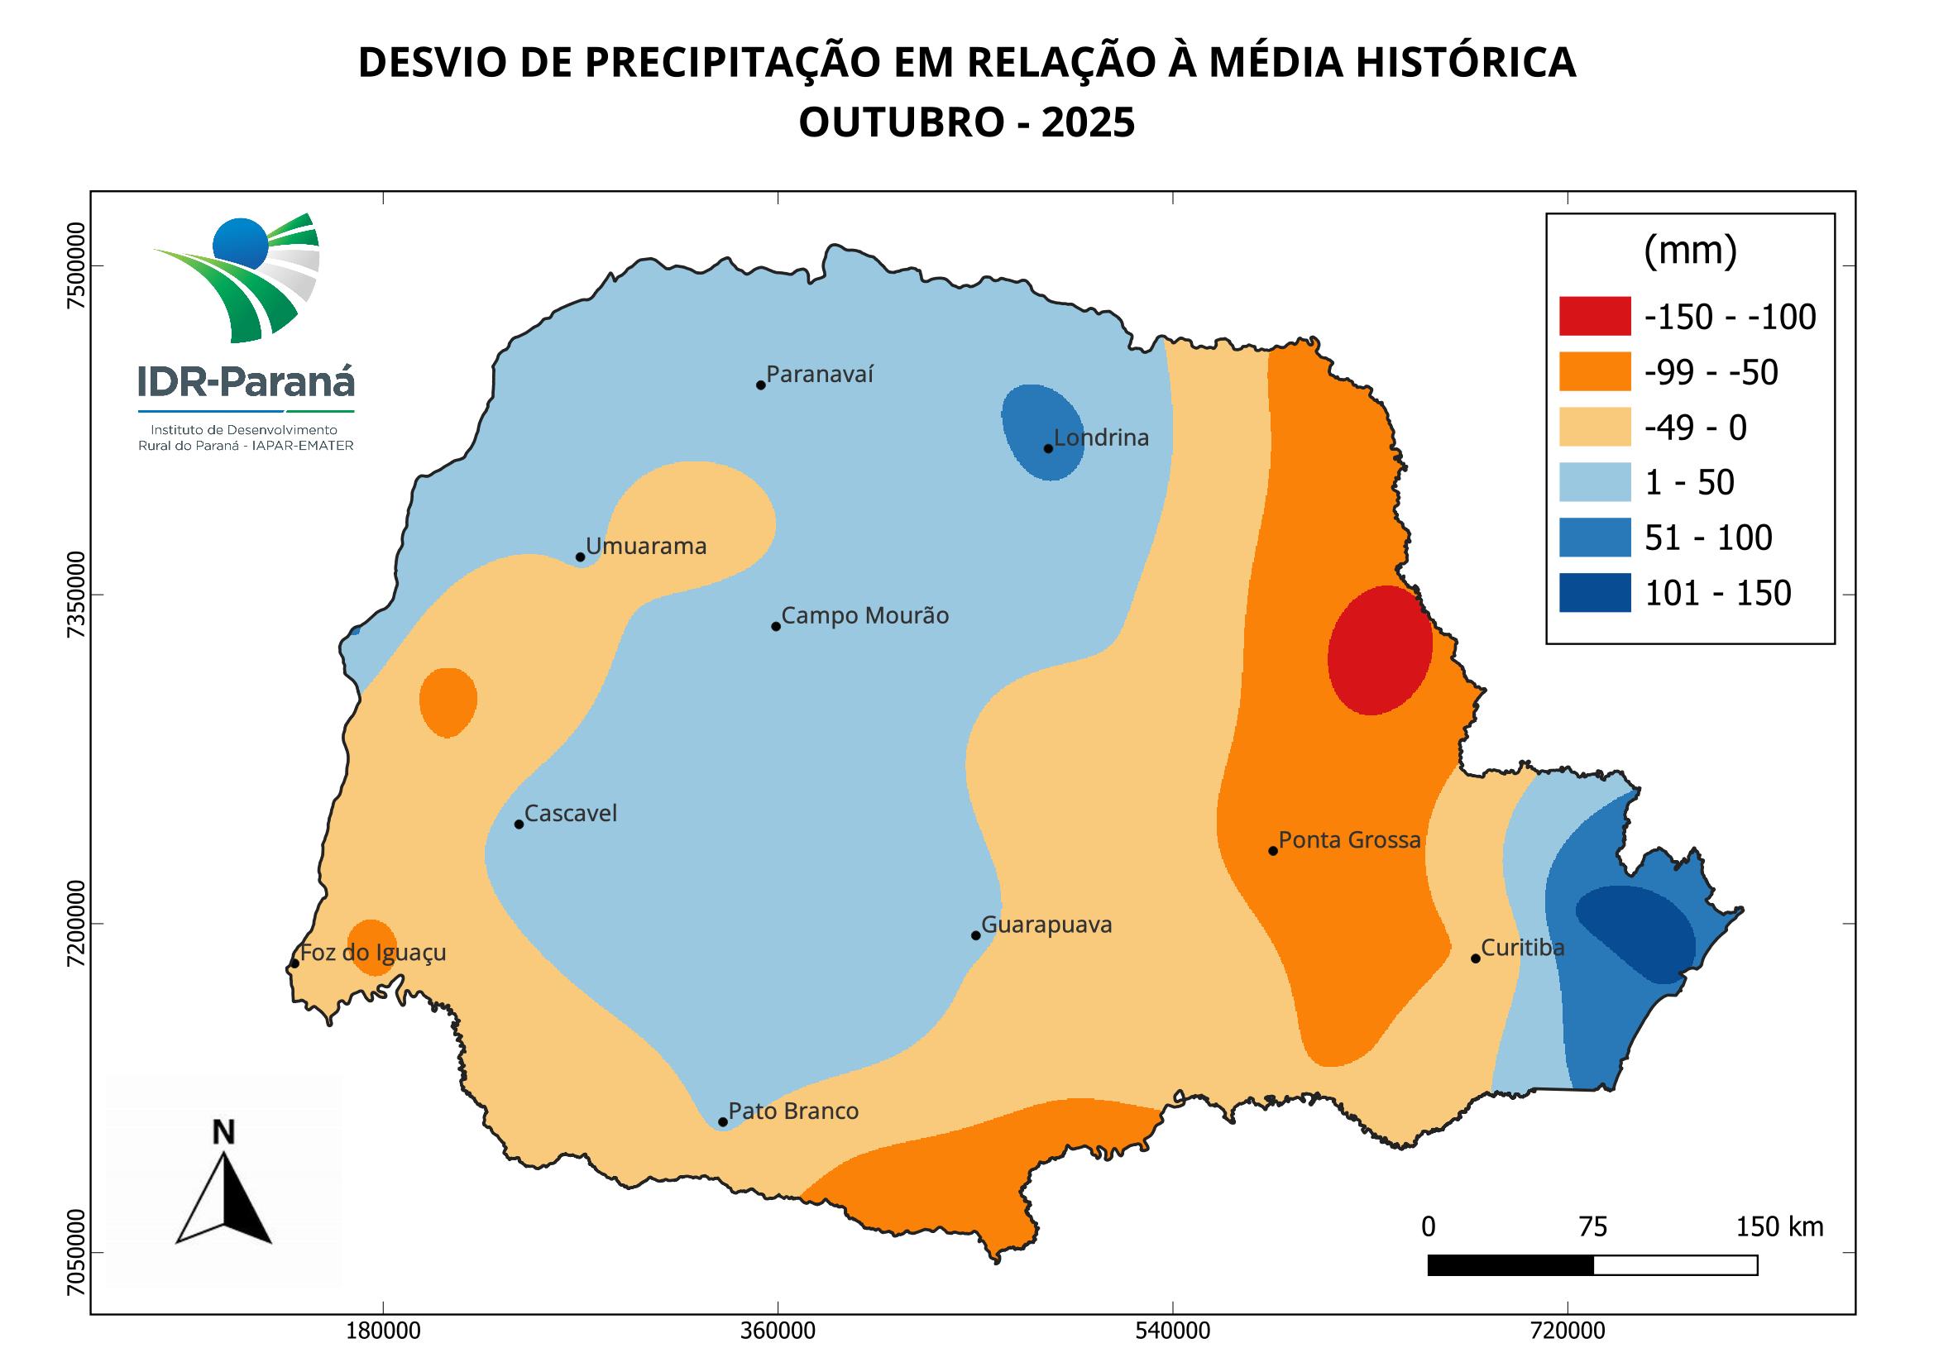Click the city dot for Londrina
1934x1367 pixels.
coord(1048,448)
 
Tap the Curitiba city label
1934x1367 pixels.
coord(1522,948)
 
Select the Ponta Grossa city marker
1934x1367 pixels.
coord(1273,851)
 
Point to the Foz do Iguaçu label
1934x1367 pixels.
coord(372,953)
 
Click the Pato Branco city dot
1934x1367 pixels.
coord(723,1122)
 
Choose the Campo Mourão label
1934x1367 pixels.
coord(864,616)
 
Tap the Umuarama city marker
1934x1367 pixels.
coord(580,557)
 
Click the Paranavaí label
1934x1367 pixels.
coord(820,374)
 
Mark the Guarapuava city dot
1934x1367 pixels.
coord(975,935)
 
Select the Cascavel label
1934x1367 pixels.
coord(570,814)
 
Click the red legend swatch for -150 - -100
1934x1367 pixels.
coord(1595,316)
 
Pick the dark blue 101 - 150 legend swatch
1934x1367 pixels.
coord(1595,593)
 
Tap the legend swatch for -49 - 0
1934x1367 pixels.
coord(1595,427)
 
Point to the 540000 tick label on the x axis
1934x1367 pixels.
coord(1173,1331)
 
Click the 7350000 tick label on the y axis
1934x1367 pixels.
coord(77,595)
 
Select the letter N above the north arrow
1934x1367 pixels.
coord(223,1133)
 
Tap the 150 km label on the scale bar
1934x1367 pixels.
coord(1779,1227)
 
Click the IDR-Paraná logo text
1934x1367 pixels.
coord(246,381)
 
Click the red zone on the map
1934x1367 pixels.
coord(1380,650)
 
